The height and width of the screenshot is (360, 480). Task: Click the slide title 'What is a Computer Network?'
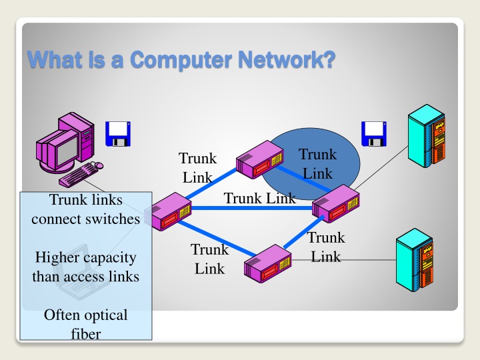(180, 61)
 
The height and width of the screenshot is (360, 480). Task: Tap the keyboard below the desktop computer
(79, 175)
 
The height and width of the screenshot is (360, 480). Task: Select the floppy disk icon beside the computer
(119, 133)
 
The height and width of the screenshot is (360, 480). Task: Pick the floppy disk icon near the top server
(373, 133)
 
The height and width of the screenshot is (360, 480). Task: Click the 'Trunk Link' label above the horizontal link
(259, 198)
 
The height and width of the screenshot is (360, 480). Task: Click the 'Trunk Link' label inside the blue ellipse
(317, 164)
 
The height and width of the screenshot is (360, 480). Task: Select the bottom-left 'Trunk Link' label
(209, 259)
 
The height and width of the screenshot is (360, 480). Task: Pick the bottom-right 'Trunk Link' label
(326, 247)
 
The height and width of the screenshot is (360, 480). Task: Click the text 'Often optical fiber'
(85, 323)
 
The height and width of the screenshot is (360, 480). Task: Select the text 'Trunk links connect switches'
(85, 209)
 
